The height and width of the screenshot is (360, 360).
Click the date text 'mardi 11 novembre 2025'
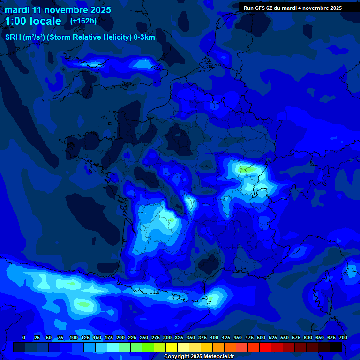click(x=58, y=10)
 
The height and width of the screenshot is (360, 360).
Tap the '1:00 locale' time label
click(x=33, y=21)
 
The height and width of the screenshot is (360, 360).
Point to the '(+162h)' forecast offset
click(x=83, y=21)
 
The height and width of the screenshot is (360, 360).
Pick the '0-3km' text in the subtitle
click(x=144, y=37)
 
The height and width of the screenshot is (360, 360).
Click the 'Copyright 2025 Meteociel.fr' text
click(x=199, y=357)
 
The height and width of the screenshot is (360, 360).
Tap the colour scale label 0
click(x=24, y=337)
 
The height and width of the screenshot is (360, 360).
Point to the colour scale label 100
click(x=73, y=337)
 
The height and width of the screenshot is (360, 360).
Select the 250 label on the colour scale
click(x=143, y=337)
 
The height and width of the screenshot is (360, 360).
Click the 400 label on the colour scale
click(x=214, y=337)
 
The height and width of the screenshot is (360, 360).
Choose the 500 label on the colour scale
click(x=261, y=337)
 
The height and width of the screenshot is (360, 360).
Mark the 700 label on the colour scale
click(x=343, y=337)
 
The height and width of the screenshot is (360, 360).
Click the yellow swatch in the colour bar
click(x=172, y=347)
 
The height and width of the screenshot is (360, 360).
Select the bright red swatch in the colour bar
click(x=265, y=347)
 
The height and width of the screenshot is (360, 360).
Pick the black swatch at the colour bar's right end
click(x=336, y=347)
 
